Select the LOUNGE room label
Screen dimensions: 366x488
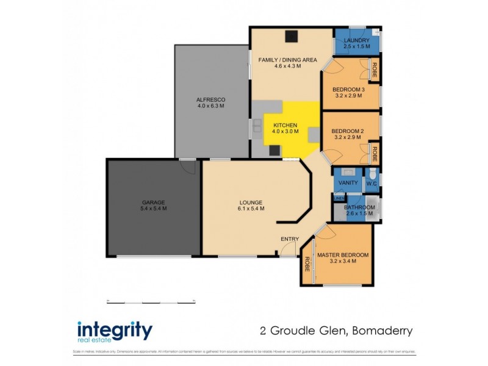tap(251, 202)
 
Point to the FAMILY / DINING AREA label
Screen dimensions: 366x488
tap(287, 60)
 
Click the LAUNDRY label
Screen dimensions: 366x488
tap(356, 40)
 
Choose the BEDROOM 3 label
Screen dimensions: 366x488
tap(348, 90)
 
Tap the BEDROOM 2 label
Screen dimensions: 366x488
tap(348, 131)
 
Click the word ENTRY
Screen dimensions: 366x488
tap(289, 238)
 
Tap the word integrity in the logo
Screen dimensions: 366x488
tap(114, 329)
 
